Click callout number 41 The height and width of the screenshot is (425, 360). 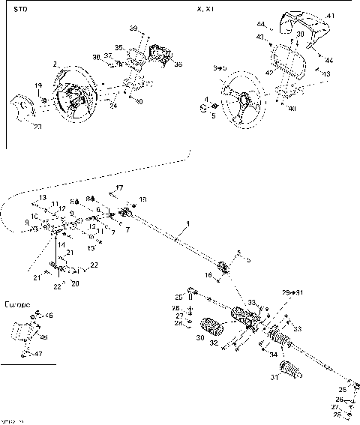pyautogui.click(x=330, y=15)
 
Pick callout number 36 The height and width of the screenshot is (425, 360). pyautogui.click(x=178, y=64)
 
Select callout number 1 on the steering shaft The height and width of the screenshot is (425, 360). pyautogui.click(x=188, y=224)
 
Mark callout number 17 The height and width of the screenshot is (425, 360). pyautogui.click(x=119, y=187)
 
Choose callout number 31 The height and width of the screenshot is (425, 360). pyautogui.click(x=274, y=377)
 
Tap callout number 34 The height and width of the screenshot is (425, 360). pyautogui.click(x=273, y=354)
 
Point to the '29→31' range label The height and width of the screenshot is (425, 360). pyautogui.click(x=292, y=292)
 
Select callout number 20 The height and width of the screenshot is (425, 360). pyautogui.click(x=73, y=283)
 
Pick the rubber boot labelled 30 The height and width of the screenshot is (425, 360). pyautogui.click(x=215, y=328)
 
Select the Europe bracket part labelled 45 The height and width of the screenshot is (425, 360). pyautogui.click(x=25, y=330)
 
